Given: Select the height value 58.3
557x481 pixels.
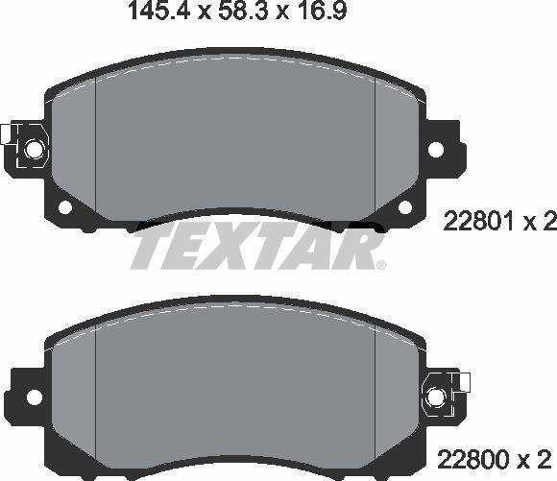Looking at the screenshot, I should (x=238, y=12).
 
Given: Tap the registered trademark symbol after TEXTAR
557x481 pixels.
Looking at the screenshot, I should (x=380, y=265).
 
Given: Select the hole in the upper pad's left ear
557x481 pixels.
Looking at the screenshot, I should (x=33, y=149).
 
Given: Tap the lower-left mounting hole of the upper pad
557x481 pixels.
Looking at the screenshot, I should (x=64, y=207).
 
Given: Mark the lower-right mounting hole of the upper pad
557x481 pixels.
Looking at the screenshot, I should (x=404, y=207).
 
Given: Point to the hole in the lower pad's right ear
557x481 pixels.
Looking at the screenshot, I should (x=435, y=394).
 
